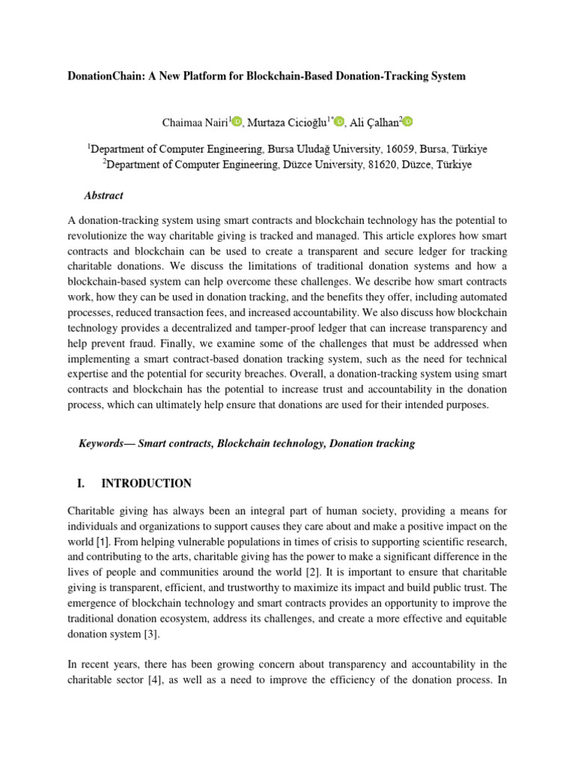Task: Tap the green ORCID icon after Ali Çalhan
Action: coord(407,121)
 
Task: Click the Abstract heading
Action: coord(103,195)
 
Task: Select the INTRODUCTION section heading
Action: coord(146,483)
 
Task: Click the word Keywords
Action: coord(100,443)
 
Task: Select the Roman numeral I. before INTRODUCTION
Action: coord(82,483)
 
